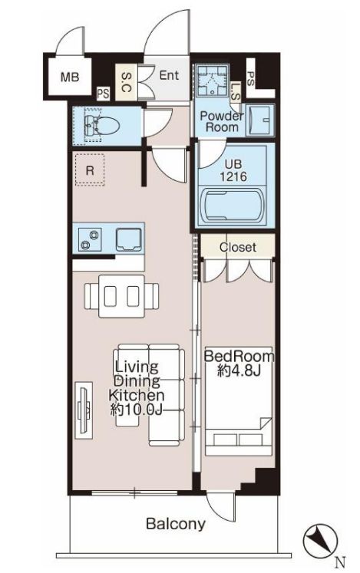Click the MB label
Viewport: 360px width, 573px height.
click(x=70, y=77)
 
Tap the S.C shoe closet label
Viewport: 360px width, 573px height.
click(x=126, y=82)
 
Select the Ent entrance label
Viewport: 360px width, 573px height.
click(x=169, y=75)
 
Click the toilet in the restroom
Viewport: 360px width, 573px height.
click(x=102, y=125)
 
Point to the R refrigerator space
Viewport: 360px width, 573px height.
click(x=90, y=170)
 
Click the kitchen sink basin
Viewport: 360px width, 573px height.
click(x=129, y=239)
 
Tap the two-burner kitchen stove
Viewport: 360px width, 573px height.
click(x=90, y=240)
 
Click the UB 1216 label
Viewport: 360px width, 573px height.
click(x=233, y=170)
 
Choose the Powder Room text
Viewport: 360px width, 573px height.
click(x=222, y=122)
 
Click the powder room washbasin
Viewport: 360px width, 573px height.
click(x=260, y=120)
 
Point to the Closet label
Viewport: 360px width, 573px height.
click(x=238, y=247)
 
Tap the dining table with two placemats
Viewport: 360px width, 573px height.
click(x=122, y=295)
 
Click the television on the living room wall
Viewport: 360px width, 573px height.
click(x=84, y=410)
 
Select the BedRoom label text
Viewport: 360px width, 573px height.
click(x=239, y=356)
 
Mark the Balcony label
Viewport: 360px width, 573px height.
click(x=176, y=524)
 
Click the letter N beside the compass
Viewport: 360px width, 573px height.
click(x=341, y=561)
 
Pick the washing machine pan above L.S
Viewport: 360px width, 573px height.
click(x=212, y=80)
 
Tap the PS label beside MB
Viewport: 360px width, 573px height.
click(x=103, y=94)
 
